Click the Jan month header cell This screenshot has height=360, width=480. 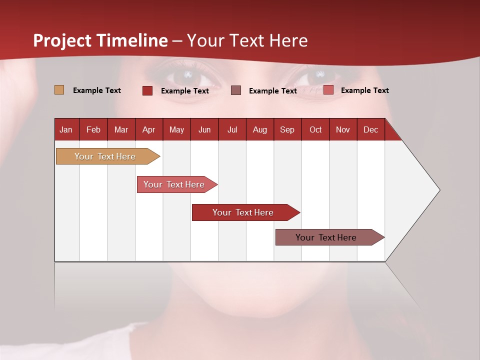(x=66, y=129)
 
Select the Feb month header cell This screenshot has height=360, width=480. (x=93, y=129)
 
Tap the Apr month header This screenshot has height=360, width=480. (x=149, y=129)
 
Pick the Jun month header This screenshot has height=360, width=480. (x=204, y=129)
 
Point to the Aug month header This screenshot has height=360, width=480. (x=260, y=129)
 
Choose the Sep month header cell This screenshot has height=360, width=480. (x=287, y=129)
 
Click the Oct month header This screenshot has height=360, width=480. (x=315, y=129)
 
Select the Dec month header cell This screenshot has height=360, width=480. (x=371, y=129)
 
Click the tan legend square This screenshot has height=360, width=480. (x=59, y=90)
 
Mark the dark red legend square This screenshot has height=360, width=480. (x=147, y=90)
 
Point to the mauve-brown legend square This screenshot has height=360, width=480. (x=236, y=90)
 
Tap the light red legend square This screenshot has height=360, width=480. (x=328, y=90)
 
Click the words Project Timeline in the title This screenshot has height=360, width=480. (x=100, y=40)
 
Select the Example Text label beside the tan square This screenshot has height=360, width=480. (x=97, y=90)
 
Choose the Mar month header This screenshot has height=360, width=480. (x=121, y=129)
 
